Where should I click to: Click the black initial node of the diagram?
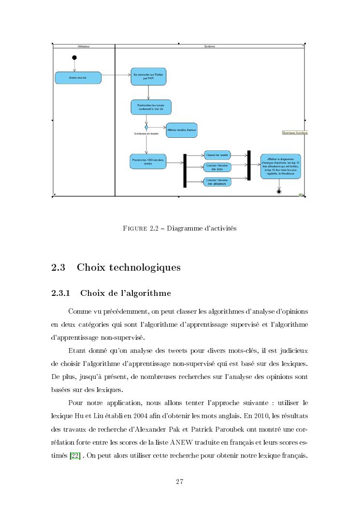pyautogui.click(x=74, y=58)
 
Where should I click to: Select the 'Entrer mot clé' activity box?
pyautogui.click(x=78, y=78)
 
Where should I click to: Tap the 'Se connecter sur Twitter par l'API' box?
pyautogui.click(x=148, y=76)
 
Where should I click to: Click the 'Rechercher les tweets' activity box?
pyautogui.click(x=151, y=107)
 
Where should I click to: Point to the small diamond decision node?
pyautogui.click(x=146, y=128)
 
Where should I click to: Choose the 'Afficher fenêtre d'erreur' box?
pyautogui.click(x=182, y=130)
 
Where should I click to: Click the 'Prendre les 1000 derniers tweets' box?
pyautogui.click(x=148, y=161)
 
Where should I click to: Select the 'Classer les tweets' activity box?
pyautogui.click(x=217, y=155)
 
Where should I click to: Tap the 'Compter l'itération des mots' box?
pyautogui.click(x=217, y=167)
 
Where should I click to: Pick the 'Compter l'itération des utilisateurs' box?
pyautogui.click(x=217, y=182)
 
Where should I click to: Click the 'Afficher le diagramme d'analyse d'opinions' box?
pyautogui.click(x=280, y=166)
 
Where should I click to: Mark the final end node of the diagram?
pyautogui.click(x=279, y=192)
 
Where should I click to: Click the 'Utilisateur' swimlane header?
pyautogui.click(x=84, y=46)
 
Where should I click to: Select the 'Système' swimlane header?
pyautogui.click(x=210, y=46)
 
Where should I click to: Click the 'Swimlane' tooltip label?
pyautogui.click(x=294, y=132)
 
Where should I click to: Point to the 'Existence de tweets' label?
pyautogui.click(x=146, y=134)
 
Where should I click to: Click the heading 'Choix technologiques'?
pyautogui.click(x=129, y=267)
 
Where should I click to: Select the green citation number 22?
pyautogui.click(x=75, y=455)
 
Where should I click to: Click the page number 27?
pyautogui.click(x=180, y=481)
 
